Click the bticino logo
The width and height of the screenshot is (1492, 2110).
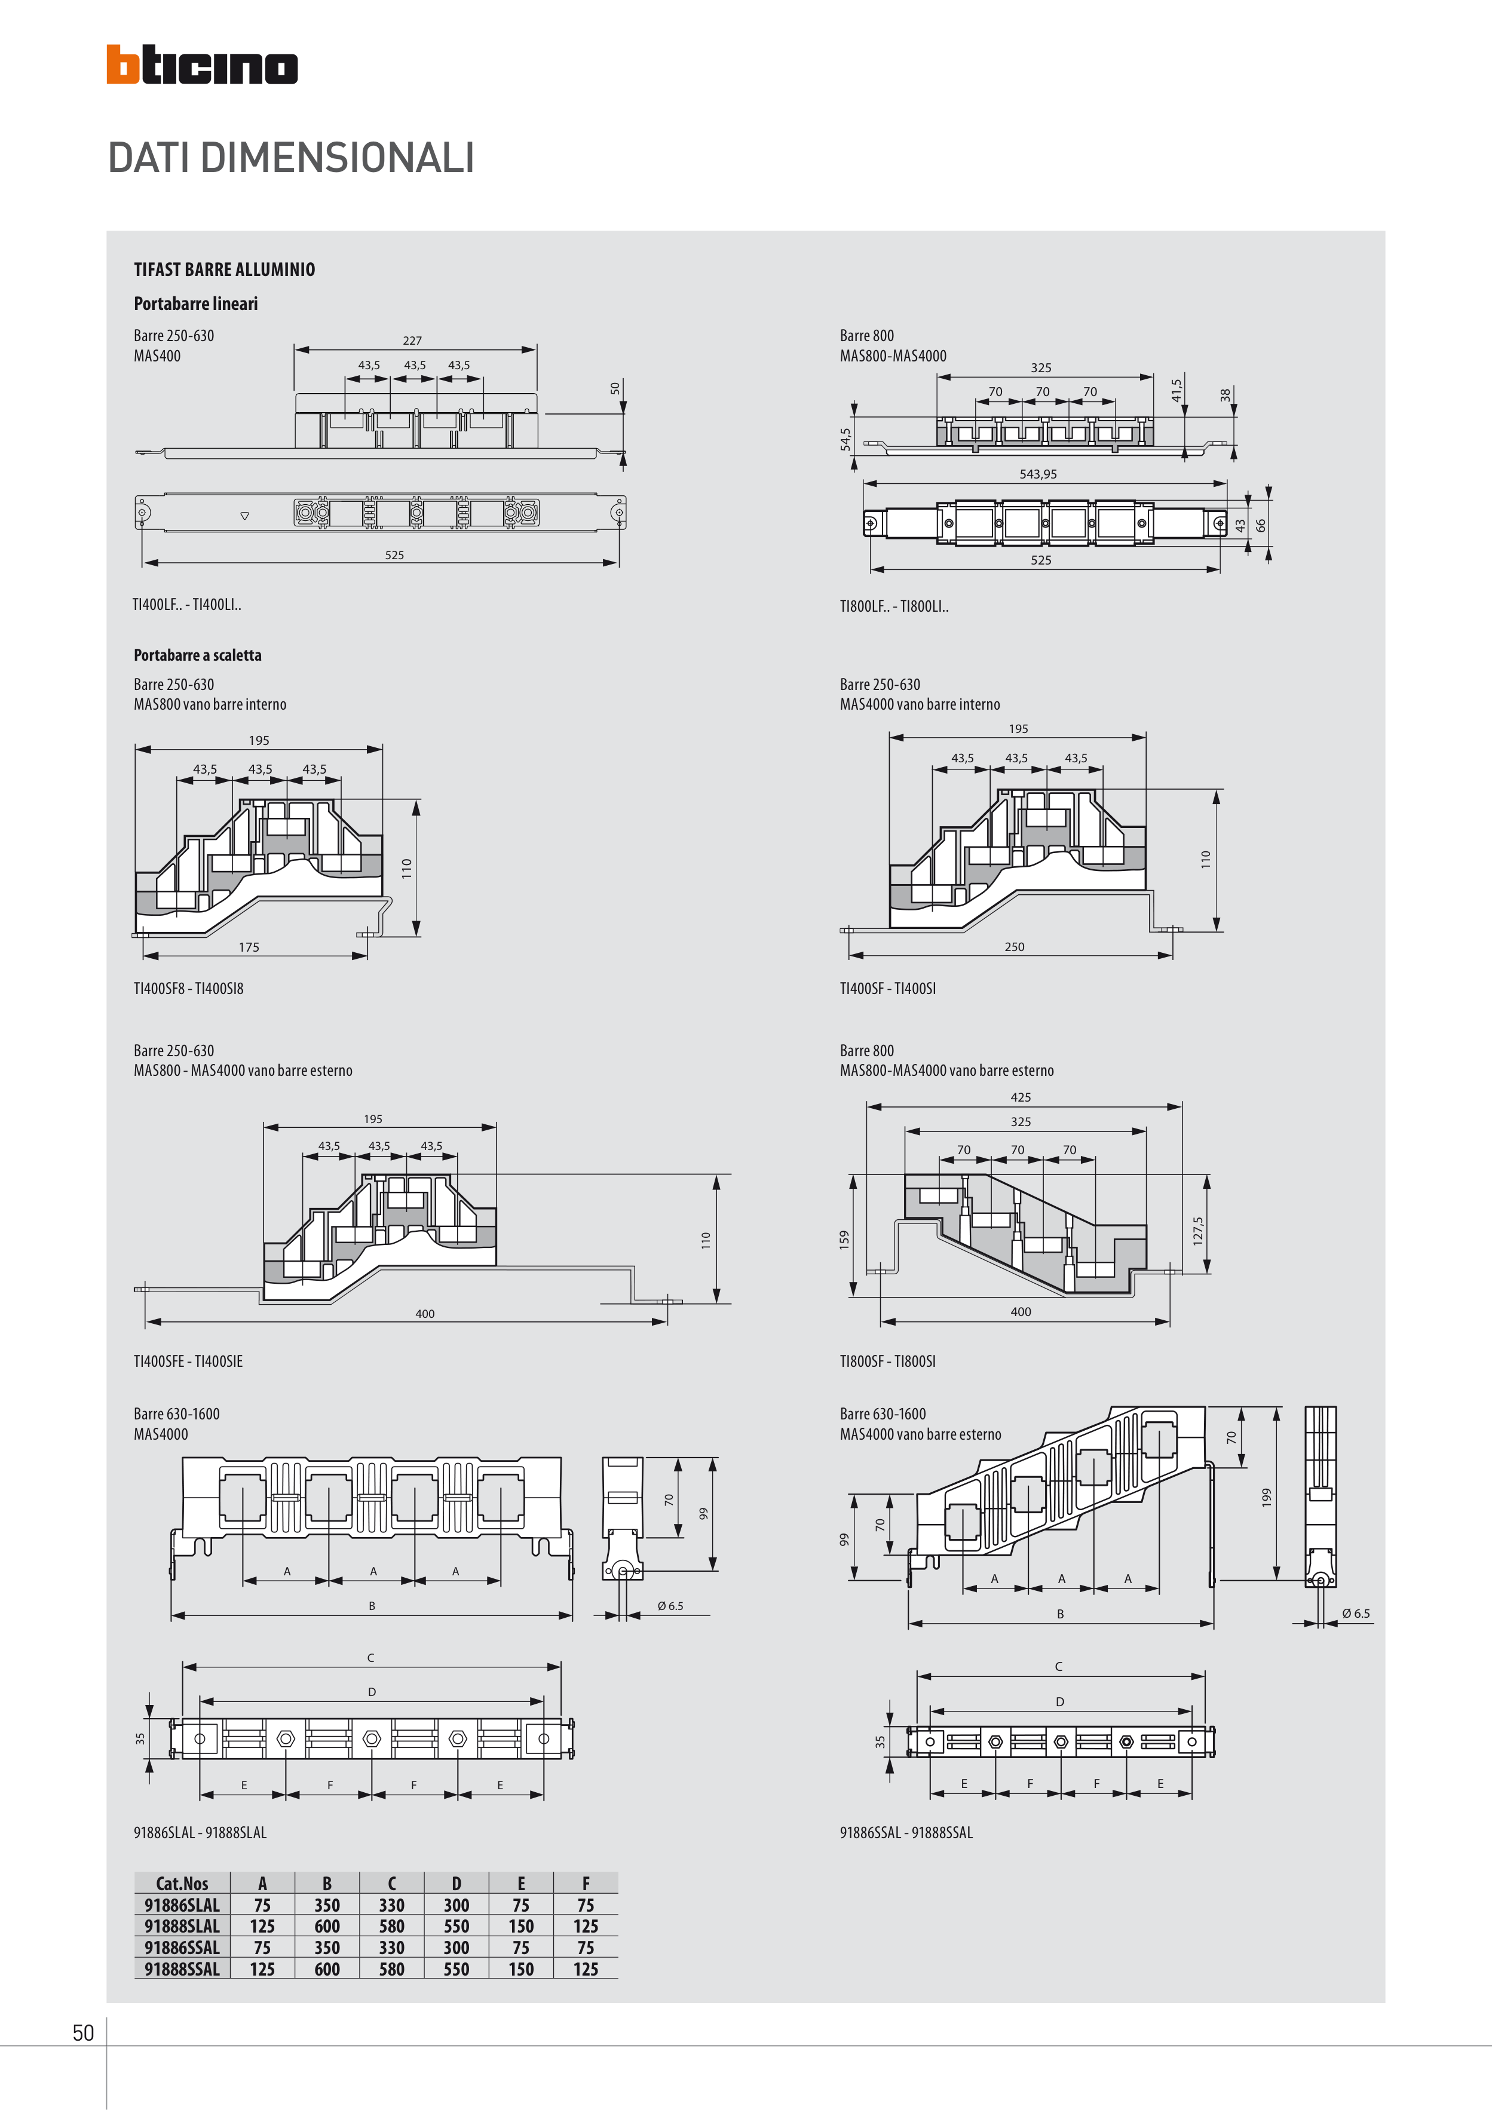(x=201, y=65)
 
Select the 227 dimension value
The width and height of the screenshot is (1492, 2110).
(x=412, y=340)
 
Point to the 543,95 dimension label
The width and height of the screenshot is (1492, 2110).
(x=1038, y=474)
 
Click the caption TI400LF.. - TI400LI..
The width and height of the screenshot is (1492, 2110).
(x=186, y=605)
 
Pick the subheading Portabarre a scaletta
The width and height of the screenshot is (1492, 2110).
(x=198, y=655)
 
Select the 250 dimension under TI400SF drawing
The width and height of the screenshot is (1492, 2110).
(x=1014, y=946)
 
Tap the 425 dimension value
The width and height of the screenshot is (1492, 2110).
(x=1021, y=1097)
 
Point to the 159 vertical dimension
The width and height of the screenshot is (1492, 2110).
(x=844, y=1239)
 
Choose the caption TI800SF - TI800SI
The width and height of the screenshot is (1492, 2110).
(x=887, y=1361)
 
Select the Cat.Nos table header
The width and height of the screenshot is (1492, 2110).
(x=182, y=1883)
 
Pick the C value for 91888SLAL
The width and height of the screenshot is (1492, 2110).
(x=391, y=1926)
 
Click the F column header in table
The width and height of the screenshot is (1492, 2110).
(x=586, y=1883)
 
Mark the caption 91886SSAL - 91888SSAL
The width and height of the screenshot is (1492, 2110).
(x=905, y=1832)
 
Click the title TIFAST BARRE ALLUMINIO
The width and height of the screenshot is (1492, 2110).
(x=224, y=269)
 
